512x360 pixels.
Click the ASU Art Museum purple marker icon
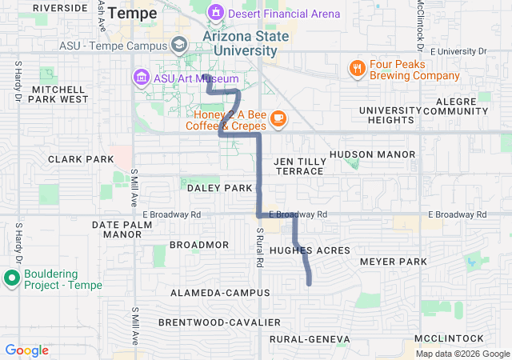coord(141,78)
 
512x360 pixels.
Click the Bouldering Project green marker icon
coord(12,278)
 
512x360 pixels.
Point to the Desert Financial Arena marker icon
coord(214,13)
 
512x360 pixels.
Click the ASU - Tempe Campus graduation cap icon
coord(178,44)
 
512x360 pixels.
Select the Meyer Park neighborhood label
coord(394,262)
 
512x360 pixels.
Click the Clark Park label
coord(81,159)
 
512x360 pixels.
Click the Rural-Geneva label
coord(310,339)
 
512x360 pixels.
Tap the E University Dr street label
coord(458,51)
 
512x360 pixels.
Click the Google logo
coord(26,350)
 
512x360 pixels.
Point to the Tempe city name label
coord(132,13)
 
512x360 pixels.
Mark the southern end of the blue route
coord(309,283)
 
